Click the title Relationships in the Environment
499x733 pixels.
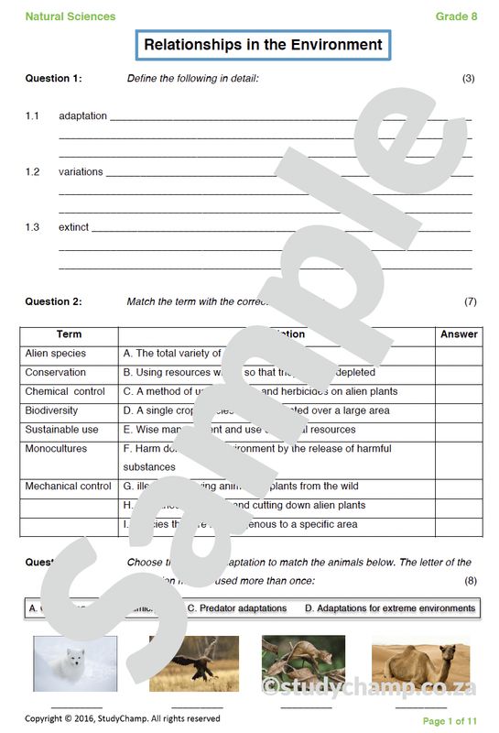click(x=263, y=44)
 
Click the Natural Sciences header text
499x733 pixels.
click(x=71, y=16)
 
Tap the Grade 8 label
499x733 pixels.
click(x=456, y=16)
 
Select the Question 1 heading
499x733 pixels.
click(x=53, y=79)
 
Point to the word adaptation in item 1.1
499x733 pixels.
click(x=82, y=116)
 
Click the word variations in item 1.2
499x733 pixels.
click(x=81, y=172)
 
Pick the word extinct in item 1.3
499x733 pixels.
click(x=74, y=227)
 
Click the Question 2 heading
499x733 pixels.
click(x=53, y=301)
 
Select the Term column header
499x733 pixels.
click(x=70, y=334)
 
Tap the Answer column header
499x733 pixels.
click(x=459, y=334)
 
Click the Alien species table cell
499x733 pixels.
click(x=56, y=354)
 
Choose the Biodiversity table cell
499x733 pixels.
click(x=51, y=410)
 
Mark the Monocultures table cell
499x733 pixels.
click(x=56, y=449)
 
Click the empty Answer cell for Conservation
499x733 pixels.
click(x=459, y=373)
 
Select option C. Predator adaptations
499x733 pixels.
click(x=237, y=608)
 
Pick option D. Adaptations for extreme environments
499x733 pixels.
click(x=390, y=608)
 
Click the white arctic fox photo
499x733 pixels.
click(x=75, y=664)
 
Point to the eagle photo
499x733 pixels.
click(x=193, y=664)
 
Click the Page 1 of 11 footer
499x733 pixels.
click(x=450, y=721)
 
